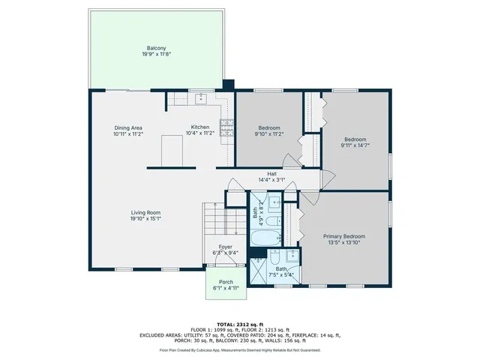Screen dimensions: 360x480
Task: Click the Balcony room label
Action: pos(156,47)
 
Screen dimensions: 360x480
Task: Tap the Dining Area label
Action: pos(127,127)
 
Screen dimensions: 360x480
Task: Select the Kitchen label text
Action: pos(200,127)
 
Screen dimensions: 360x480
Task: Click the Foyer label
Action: pos(225,247)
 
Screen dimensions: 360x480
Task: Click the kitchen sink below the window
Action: pos(201,98)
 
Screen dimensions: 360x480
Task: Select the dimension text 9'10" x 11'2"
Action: pos(269,134)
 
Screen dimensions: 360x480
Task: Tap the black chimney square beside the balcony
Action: pos(229,85)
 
